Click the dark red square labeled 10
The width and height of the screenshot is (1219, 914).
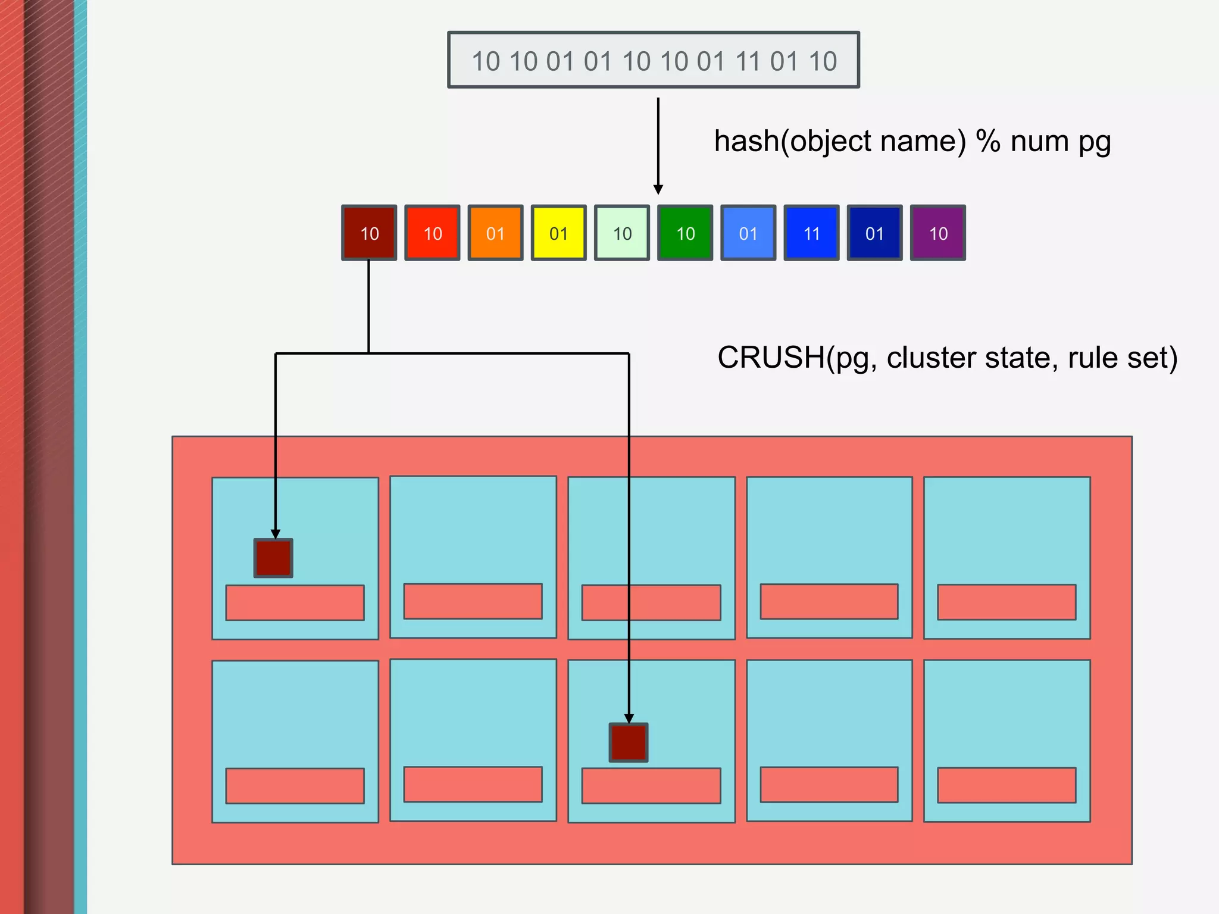(369, 233)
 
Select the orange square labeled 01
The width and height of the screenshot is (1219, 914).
(495, 233)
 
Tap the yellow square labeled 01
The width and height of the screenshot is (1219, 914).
(558, 233)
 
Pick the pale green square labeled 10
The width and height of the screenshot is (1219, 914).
(622, 233)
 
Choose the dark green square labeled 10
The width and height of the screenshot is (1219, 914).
(685, 233)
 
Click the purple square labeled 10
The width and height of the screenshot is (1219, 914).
(938, 233)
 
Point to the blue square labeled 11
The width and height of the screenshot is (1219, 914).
(811, 233)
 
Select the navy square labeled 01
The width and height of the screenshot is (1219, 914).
(874, 233)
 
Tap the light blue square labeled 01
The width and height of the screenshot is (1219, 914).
(748, 233)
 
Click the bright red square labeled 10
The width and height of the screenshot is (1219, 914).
(432, 233)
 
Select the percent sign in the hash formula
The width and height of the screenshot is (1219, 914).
(988, 142)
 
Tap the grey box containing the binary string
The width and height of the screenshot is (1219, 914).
(654, 60)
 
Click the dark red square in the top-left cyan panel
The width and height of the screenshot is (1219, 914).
(273, 558)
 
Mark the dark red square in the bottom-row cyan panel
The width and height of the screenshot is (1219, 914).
(629, 742)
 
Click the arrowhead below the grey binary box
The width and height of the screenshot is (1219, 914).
(658, 189)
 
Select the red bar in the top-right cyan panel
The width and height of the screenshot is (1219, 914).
(1007, 602)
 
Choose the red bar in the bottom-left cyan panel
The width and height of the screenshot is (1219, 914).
(295, 785)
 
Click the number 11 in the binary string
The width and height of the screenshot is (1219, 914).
(748, 61)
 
